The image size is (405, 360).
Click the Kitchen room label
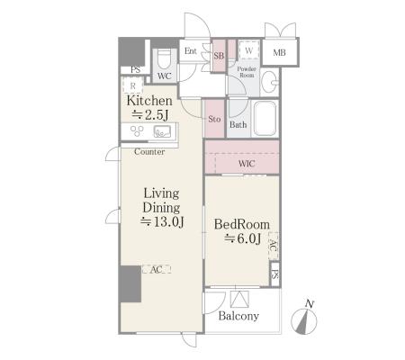tap(149, 101)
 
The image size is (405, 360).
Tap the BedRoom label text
tap(242, 224)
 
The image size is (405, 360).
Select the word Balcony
tap(238, 316)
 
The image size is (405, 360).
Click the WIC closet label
tap(247, 164)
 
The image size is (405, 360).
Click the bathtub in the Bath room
tap(265, 118)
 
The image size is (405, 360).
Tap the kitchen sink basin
tap(162, 131)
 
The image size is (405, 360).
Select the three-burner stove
tap(137, 131)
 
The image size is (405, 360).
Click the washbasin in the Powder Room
tap(269, 82)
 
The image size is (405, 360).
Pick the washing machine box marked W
tap(248, 50)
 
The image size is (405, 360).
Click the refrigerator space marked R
tap(132, 85)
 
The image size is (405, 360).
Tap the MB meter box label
tap(279, 53)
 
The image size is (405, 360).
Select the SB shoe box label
tap(219, 56)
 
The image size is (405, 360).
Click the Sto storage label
tap(214, 119)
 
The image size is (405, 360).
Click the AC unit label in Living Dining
tap(156, 270)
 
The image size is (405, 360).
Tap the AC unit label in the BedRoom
tap(273, 246)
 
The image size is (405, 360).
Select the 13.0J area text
tap(162, 221)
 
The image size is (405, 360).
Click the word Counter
tap(149, 152)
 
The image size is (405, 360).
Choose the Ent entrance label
tap(191, 51)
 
